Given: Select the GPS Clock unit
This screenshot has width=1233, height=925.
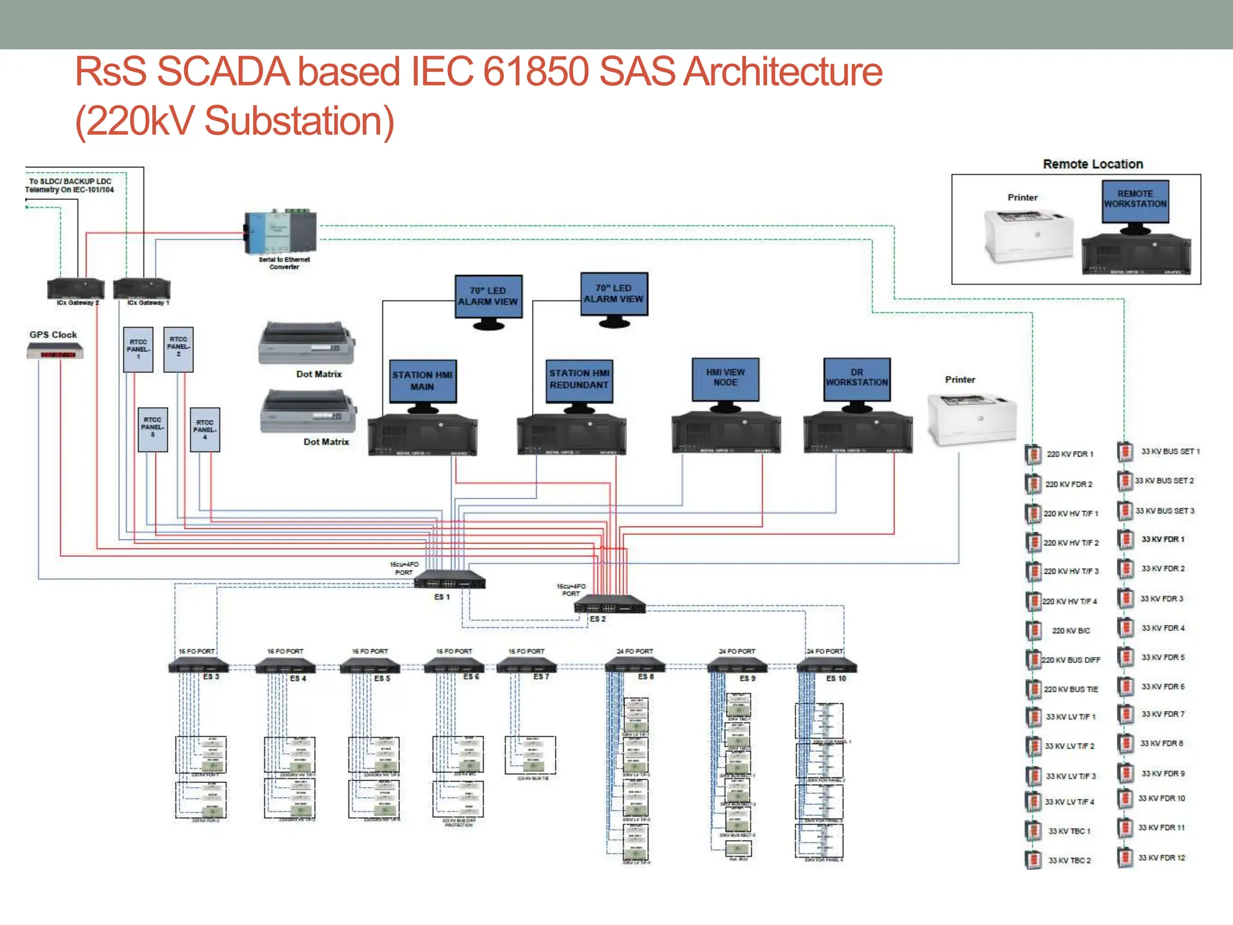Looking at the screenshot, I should tap(55, 351).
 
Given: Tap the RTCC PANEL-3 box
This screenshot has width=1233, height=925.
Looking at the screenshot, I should tap(152, 429).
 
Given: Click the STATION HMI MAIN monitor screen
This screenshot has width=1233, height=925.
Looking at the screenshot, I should tap(423, 381).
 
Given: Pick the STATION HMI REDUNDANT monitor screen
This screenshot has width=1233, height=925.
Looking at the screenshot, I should tap(579, 380).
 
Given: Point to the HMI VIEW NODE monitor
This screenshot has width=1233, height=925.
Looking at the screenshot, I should tap(725, 379).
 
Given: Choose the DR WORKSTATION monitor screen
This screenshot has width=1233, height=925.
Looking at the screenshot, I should tap(857, 379).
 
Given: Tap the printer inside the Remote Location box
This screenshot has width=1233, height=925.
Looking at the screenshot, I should tap(1028, 235).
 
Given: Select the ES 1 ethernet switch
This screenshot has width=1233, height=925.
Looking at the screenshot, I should tap(450, 580).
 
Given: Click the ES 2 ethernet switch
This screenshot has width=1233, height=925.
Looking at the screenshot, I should tap(610, 603).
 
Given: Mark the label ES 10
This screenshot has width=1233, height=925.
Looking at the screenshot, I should tap(836, 679).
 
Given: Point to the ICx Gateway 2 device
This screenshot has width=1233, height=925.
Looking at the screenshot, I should tap(76, 288).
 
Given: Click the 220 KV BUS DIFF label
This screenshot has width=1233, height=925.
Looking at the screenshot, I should tap(1071, 660).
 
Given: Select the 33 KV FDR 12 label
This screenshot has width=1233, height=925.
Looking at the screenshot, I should tap(1161, 858).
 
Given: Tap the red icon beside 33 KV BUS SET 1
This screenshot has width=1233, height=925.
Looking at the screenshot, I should tap(1125, 452).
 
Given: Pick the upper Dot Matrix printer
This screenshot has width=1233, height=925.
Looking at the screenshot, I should tap(307, 343).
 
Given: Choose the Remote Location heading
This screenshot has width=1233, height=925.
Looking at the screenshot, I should tap(1093, 164).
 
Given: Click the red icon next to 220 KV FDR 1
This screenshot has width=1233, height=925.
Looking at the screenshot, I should tap(1033, 454).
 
